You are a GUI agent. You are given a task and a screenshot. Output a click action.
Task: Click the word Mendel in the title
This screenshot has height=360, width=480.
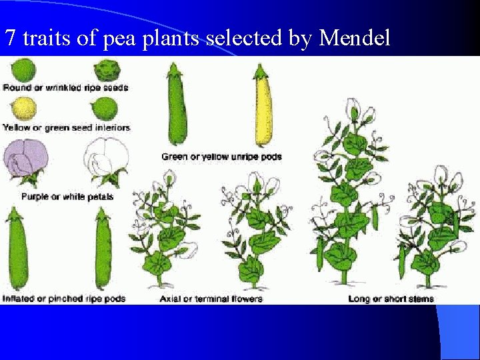(355, 39)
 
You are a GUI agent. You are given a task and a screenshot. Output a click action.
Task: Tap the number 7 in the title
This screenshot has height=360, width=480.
(10, 39)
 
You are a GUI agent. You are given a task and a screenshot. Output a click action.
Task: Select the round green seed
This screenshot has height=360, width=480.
(25, 69)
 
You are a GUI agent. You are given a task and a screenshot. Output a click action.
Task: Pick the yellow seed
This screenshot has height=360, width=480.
(25, 109)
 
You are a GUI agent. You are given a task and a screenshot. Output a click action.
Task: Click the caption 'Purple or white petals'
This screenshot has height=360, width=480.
(67, 197)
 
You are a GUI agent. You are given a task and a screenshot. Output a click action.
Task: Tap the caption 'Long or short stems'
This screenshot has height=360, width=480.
(391, 299)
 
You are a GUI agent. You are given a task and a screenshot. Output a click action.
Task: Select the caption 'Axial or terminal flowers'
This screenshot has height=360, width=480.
(211, 299)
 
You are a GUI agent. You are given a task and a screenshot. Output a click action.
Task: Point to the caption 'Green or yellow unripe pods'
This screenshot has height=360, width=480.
(221, 157)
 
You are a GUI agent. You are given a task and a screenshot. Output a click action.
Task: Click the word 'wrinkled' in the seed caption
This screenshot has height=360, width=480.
(62, 87)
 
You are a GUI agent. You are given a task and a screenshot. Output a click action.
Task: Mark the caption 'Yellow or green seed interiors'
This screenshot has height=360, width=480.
(67, 127)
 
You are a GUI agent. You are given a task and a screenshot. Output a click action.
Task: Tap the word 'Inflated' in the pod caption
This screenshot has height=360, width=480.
(18, 299)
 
